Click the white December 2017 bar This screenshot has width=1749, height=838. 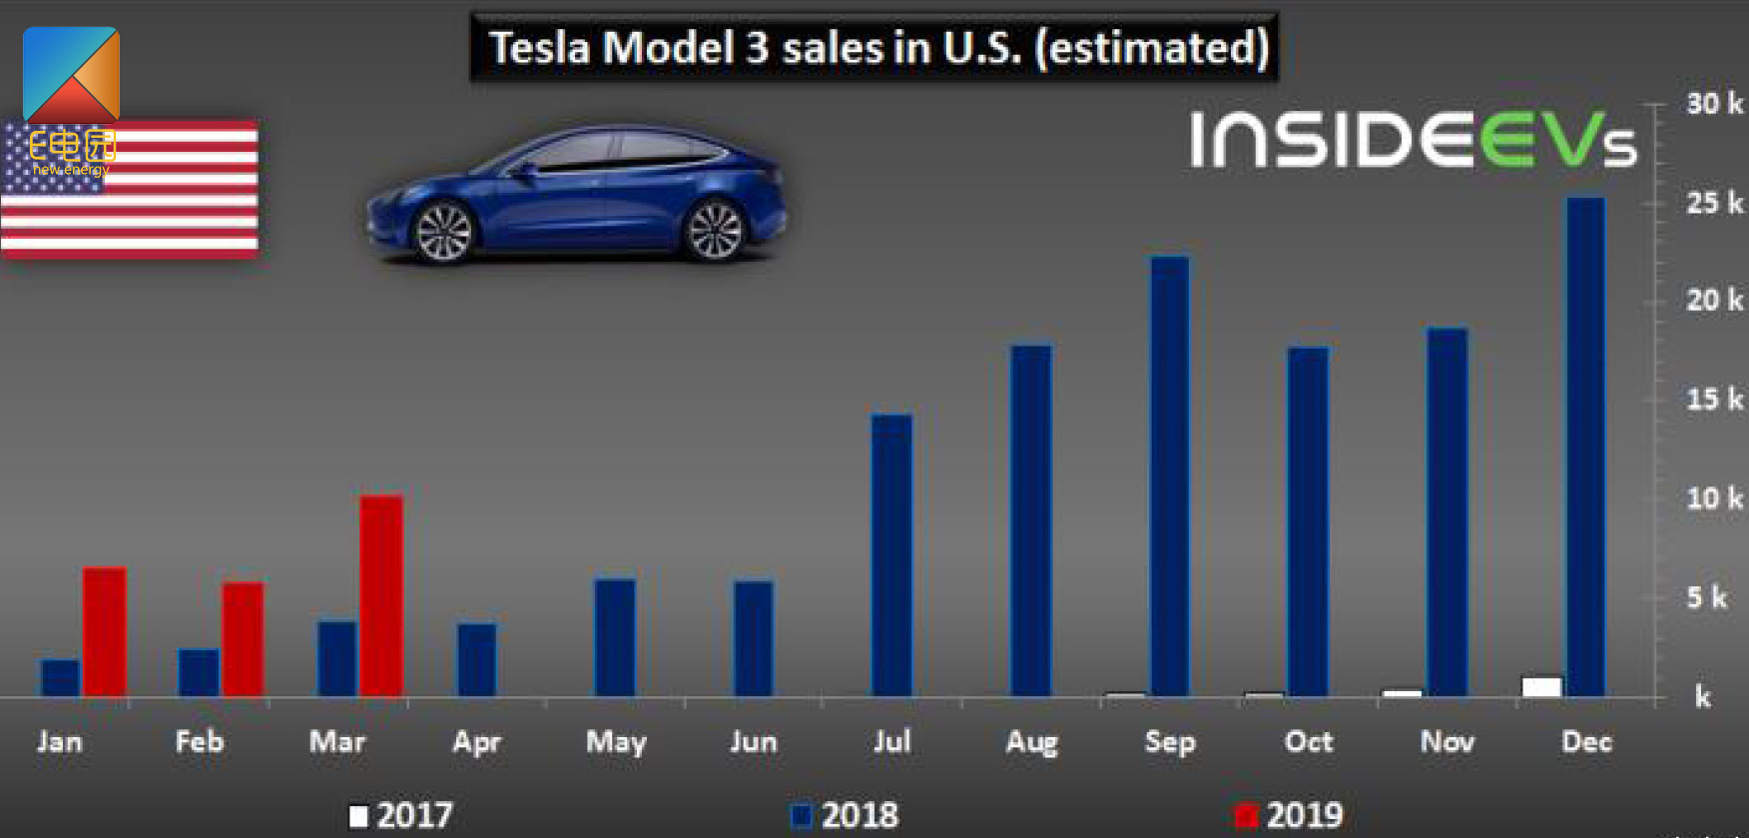(1541, 686)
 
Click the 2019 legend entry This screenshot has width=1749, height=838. (1290, 816)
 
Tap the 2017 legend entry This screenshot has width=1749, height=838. (401, 816)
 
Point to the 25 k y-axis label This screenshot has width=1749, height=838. (1713, 203)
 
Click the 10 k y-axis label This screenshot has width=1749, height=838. (1713, 497)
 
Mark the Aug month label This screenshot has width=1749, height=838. (1031, 742)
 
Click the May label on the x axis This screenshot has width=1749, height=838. (616, 742)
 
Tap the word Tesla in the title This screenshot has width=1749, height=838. (539, 48)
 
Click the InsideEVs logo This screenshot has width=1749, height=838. (1413, 140)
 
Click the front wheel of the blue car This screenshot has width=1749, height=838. (442, 233)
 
